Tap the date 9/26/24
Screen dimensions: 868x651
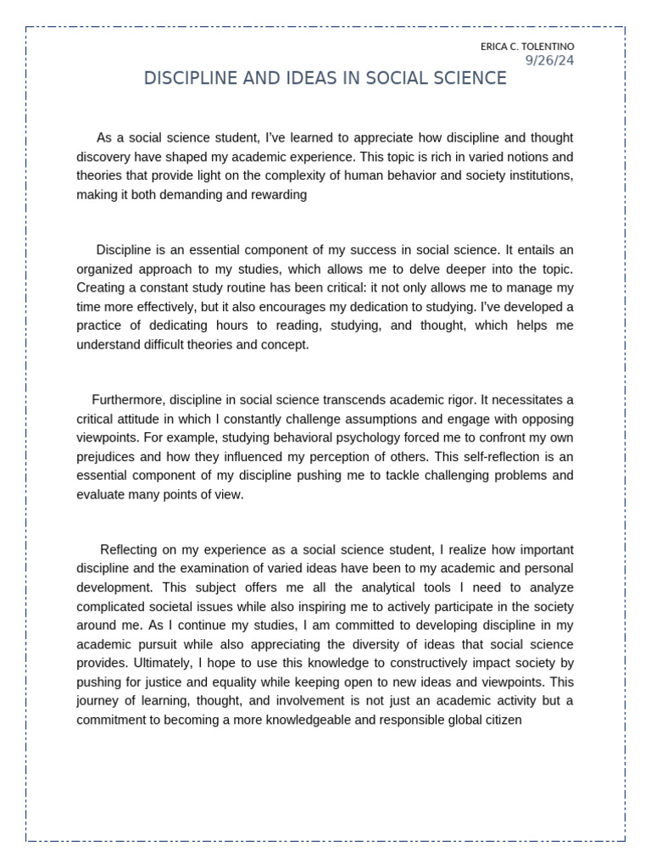point(549,59)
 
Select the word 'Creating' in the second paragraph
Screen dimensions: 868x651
point(101,287)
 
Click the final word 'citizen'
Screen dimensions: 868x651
point(502,720)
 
